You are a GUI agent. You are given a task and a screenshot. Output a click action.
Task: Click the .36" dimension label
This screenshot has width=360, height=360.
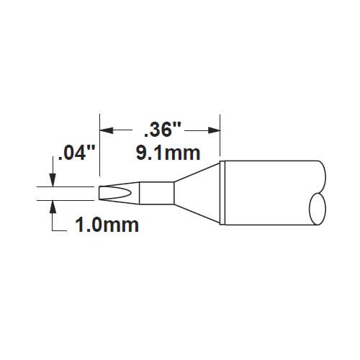(162, 130)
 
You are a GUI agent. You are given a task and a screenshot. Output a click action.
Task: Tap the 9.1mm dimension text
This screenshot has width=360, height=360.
(168, 153)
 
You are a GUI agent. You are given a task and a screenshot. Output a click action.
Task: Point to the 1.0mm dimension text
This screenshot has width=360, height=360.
(107, 225)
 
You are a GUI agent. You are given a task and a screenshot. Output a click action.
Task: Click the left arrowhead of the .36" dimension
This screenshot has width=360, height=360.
(107, 130)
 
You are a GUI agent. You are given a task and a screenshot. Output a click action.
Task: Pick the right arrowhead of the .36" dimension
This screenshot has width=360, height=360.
(214, 130)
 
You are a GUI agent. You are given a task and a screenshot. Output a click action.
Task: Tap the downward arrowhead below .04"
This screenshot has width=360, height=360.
(53, 180)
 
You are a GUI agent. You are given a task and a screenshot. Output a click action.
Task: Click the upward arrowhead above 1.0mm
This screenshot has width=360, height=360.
(53, 207)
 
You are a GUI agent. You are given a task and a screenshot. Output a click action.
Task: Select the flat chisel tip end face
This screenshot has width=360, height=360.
(99, 193)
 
